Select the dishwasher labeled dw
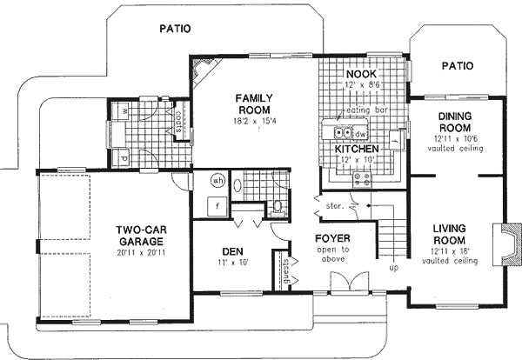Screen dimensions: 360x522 click(359, 133)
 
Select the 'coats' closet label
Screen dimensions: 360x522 click(177, 118)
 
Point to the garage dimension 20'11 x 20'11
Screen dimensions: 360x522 click(140, 245)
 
